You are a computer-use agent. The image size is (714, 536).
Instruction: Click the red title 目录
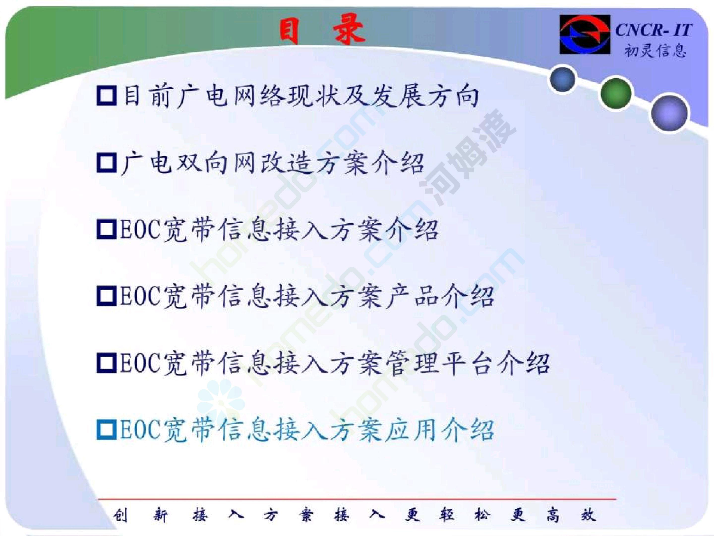point(323,30)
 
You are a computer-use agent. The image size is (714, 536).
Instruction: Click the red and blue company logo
point(585,34)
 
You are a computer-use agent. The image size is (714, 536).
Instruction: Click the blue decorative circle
point(563,79)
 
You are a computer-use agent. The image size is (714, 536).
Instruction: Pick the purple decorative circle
point(669,113)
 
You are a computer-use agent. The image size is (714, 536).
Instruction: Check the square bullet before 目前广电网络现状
point(107,96)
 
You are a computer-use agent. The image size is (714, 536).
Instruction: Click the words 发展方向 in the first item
point(424,96)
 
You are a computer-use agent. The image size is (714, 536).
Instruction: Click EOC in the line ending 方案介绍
point(140,230)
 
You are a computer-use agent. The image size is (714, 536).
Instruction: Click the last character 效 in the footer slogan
point(589,515)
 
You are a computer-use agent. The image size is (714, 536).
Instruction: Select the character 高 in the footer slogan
point(553,515)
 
